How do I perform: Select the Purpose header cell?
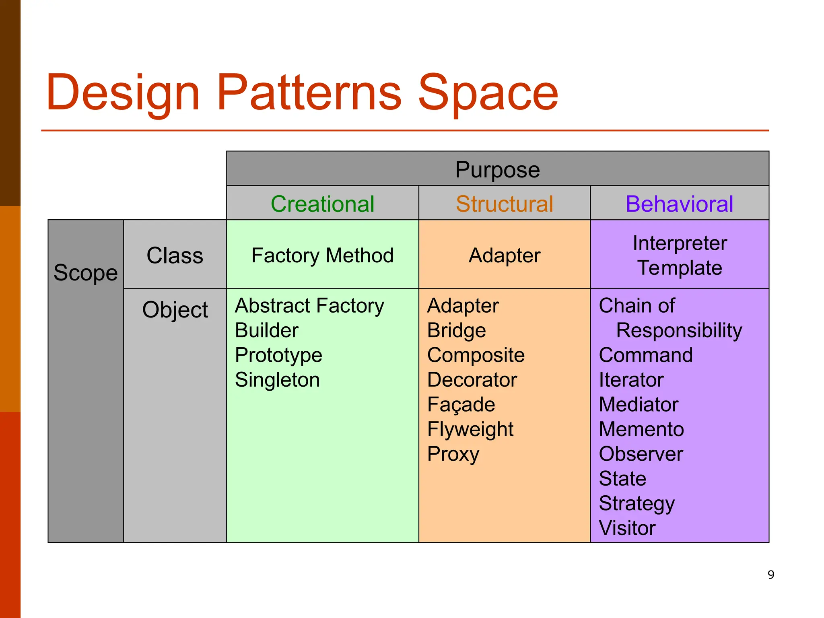(497, 169)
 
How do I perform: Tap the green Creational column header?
(322, 204)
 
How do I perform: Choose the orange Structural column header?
(505, 204)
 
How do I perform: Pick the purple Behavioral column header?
(679, 204)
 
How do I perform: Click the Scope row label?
(86, 273)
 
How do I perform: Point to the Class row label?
(175, 255)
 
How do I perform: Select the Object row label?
(175, 310)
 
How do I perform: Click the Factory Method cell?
(322, 255)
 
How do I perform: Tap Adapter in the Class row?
(505, 255)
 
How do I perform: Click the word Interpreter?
(679, 243)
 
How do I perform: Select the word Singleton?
(277, 380)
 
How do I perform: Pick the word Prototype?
(278, 355)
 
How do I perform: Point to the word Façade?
(461, 404)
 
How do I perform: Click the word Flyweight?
(470, 429)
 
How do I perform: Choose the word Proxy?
(453, 454)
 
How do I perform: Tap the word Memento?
(641, 429)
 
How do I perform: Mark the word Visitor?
(627, 528)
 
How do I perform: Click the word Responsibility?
(679, 331)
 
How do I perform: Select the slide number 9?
(771, 575)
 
